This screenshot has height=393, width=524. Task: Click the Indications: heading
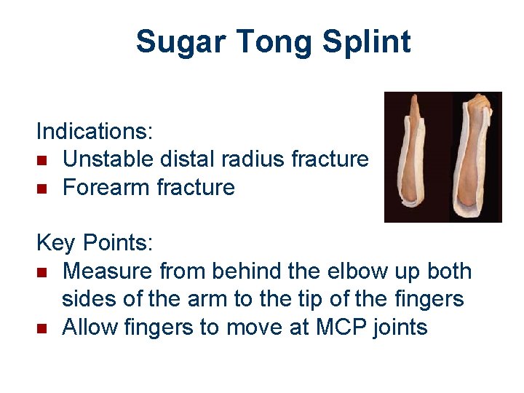[95, 132]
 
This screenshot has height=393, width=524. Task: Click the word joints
[399, 327]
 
